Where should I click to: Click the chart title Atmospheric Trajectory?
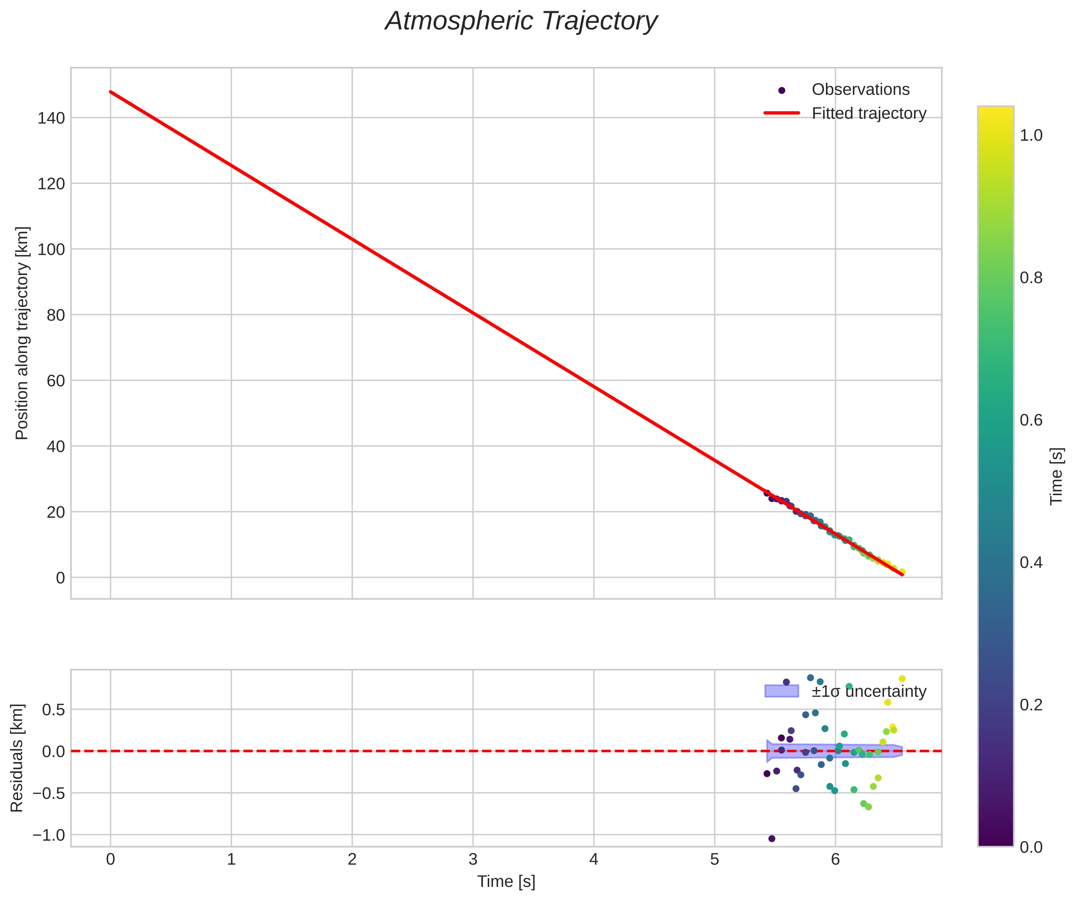(521, 22)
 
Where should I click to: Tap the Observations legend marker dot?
(781, 90)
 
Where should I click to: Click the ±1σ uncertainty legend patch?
(781, 691)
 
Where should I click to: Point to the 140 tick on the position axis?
(51, 118)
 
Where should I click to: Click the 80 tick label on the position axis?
(56, 315)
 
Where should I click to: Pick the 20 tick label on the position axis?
(56, 512)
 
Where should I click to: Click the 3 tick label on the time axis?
(473, 860)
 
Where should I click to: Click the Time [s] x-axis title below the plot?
(506, 882)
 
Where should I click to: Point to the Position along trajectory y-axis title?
(22, 333)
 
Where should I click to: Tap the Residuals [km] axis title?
(17, 758)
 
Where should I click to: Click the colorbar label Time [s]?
(1057, 476)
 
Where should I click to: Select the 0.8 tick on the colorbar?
(1031, 278)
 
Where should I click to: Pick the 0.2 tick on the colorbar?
(1031, 705)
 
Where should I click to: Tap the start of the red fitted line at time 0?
(111, 92)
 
